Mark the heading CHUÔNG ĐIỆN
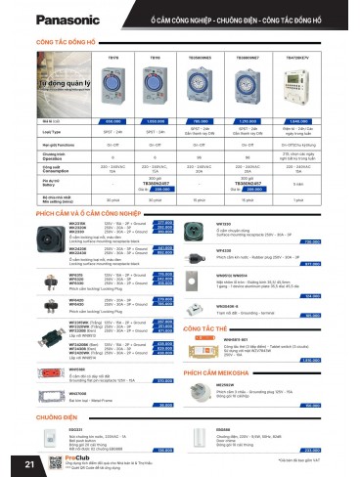point(57,415)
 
